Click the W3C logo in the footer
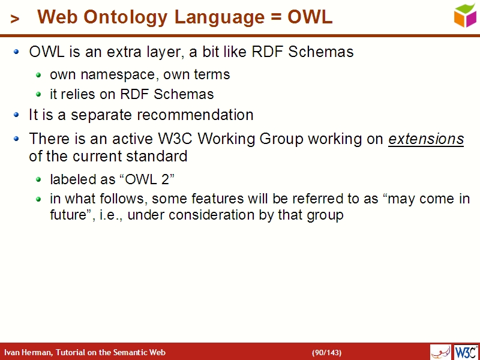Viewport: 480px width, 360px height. click(466, 352)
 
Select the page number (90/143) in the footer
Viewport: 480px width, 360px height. click(326, 352)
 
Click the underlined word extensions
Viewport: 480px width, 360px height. click(426, 139)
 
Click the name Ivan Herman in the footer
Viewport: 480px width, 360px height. click(28, 352)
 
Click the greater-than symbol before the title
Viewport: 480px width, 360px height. click(15, 19)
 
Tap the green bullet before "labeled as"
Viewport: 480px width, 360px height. click(39, 179)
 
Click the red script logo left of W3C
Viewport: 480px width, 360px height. click(440, 352)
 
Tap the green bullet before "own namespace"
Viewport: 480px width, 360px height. click(39, 74)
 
